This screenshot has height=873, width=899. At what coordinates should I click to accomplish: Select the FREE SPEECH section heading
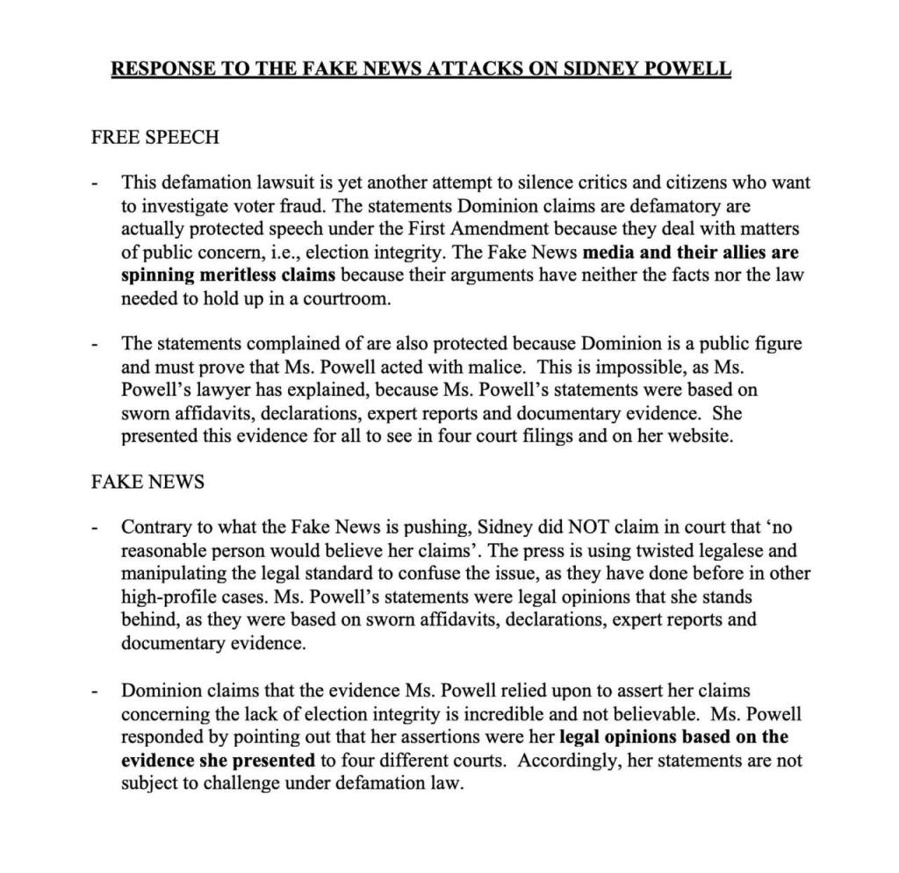[155, 138]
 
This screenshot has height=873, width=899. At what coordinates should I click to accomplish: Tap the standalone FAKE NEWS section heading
[148, 482]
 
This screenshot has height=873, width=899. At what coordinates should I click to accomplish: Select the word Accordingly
[569, 760]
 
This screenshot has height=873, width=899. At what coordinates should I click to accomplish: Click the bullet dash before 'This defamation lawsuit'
[95, 184]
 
